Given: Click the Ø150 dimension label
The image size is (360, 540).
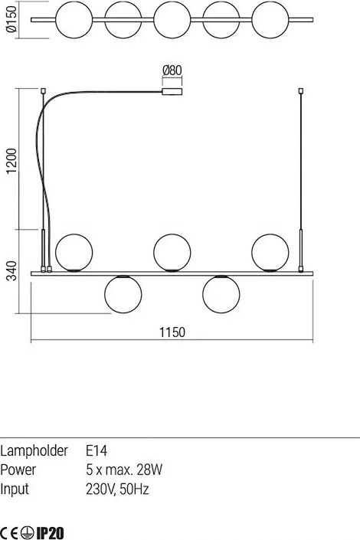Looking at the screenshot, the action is pyautogui.click(x=11, y=20).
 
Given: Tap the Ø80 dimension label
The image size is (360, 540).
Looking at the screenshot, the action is pyautogui.click(x=172, y=70).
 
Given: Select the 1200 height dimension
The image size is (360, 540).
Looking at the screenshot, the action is pyautogui.click(x=11, y=161).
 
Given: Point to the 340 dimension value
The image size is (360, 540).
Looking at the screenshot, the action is pyautogui.click(x=11, y=270).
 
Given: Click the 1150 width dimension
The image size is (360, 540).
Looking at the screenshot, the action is pyautogui.click(x=172, y=332).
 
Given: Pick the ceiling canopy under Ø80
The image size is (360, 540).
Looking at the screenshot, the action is pyautogui.click(x=172, y=92).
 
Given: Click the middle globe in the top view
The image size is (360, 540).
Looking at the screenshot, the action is pyautogui.click(x=172, y=20).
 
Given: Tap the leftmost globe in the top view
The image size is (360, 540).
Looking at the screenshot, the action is pyautogui.click(x=74, y=20).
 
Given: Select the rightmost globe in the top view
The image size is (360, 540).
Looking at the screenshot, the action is pyautogui.click(x=270, y=20).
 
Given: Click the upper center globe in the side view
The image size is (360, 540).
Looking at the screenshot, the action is pyautogui.click(x=172, y=253).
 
